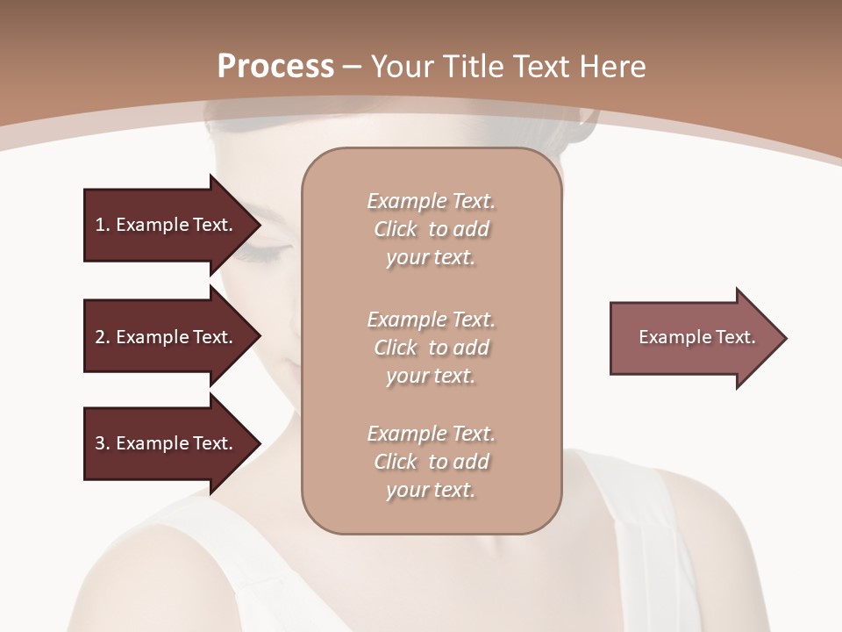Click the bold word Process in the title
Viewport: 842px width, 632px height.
275,67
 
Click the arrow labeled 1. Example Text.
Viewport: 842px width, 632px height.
167,225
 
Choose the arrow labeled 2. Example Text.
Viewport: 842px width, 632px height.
167,337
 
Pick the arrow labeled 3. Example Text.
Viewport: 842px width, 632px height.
167,443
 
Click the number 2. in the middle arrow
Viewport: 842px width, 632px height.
102,337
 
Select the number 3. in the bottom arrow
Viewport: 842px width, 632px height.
102,443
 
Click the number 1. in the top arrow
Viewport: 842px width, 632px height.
102,225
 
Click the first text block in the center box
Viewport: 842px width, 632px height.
431,229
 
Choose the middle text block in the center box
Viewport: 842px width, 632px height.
431,348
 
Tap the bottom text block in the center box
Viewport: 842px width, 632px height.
431,462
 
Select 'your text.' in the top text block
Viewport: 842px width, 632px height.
431,258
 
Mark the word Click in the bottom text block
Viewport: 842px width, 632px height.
395,462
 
